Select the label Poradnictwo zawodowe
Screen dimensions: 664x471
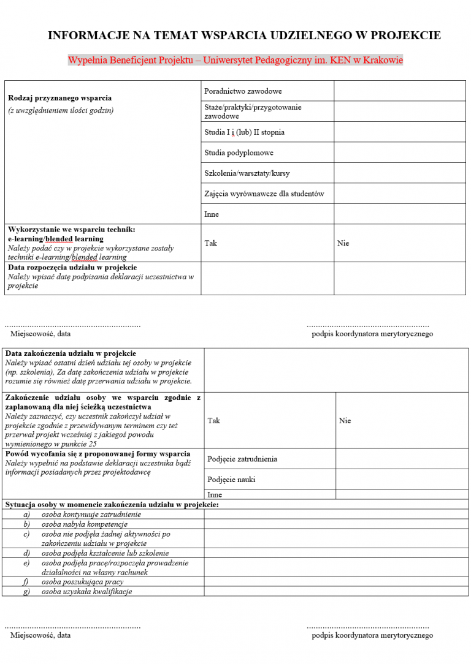point(243,91)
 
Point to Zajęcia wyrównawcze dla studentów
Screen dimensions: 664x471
point(264,194)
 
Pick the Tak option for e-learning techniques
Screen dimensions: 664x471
point(211,243)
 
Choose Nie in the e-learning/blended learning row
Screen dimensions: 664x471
point(343,243)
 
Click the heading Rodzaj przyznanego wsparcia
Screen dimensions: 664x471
point(59,98)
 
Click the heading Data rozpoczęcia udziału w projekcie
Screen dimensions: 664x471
point(72,268)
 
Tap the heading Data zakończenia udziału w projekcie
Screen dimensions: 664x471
point(71,353)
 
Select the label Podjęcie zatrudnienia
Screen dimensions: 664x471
point(242,459)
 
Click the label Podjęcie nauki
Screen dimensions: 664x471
point(231,480)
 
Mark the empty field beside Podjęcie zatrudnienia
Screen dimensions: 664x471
point(402,459)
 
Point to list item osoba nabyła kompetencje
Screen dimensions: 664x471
point(84,524)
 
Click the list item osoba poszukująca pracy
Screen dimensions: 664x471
point(82,582)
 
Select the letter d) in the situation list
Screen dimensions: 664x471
point(26,553)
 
